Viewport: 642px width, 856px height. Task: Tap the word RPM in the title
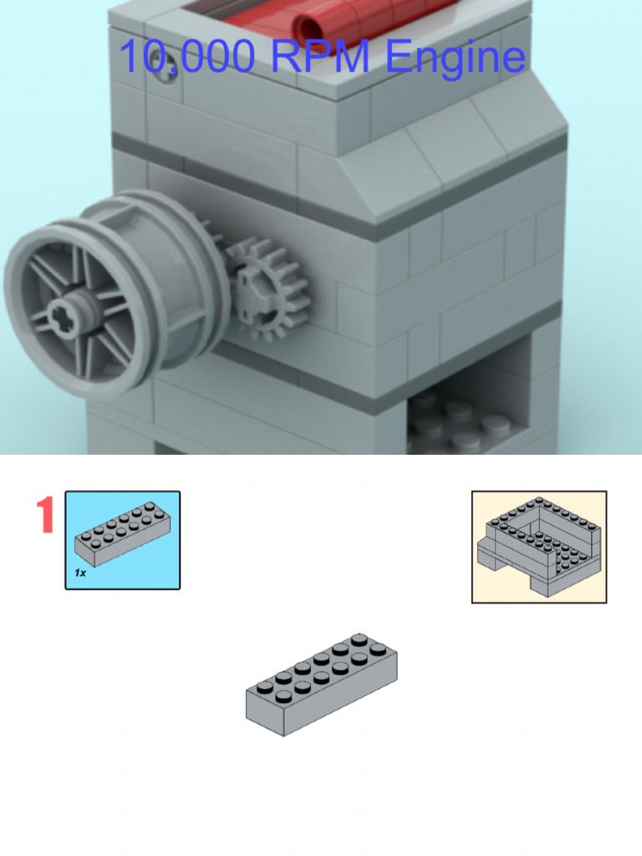pos(320,57)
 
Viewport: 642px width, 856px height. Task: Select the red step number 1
pos(45,516)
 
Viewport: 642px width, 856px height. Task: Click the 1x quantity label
pos(81,573)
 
